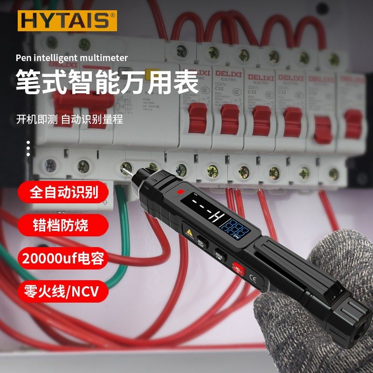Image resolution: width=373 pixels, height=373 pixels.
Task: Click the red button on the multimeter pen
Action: point(238,269)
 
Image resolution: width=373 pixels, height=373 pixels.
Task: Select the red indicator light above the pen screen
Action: point(180,192)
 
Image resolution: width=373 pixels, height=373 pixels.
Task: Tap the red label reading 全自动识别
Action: point(64,193)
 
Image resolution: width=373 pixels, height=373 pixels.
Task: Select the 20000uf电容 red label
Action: point(64,258)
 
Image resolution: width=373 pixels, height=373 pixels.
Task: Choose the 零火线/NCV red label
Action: point(62,291)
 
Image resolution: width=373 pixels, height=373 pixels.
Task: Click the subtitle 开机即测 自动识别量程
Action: point(69,119)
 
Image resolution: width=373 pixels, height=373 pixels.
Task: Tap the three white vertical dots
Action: point(28,148)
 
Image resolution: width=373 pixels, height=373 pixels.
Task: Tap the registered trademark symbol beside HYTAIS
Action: point(112,16)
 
